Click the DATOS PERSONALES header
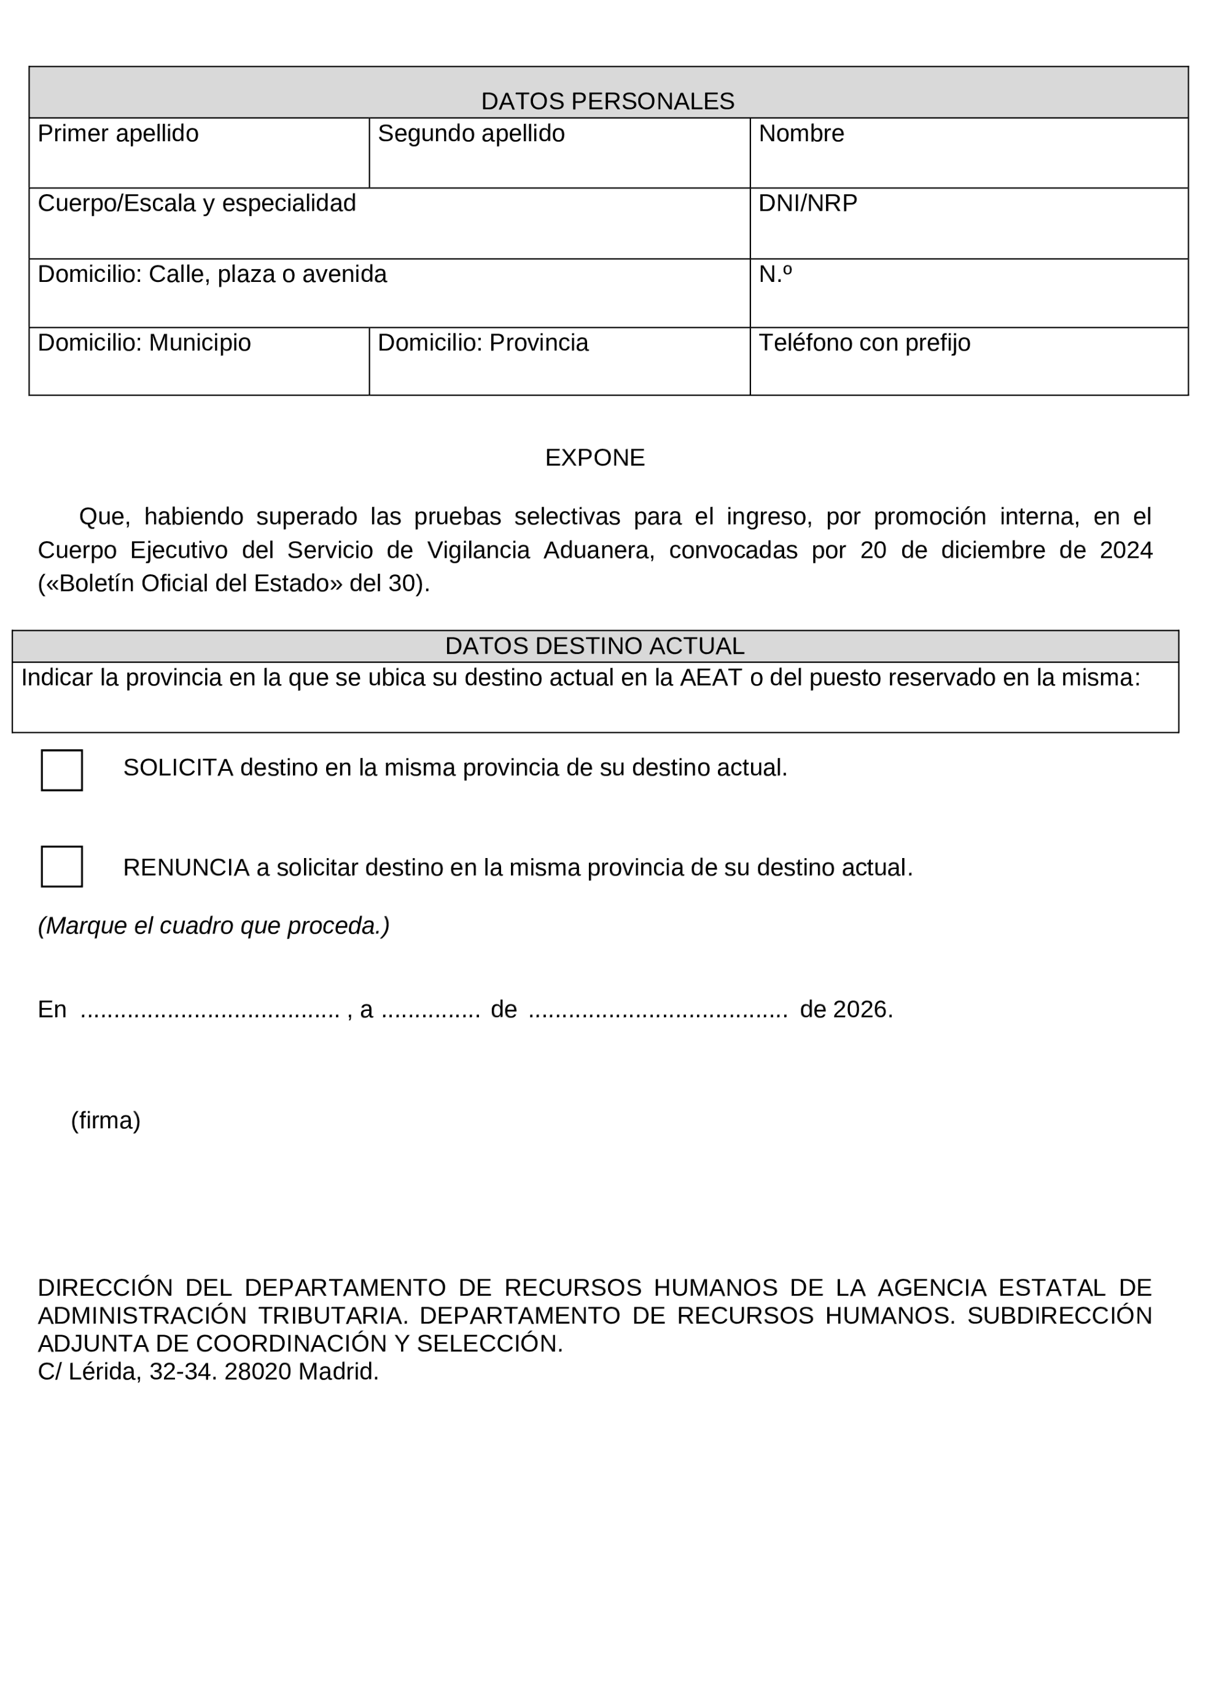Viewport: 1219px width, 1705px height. (x=607, y=101)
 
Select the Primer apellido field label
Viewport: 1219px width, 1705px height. (x=118, y=134)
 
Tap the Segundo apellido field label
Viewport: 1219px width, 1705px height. (x=470, y=134)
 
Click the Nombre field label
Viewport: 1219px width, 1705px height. (x=801, y=134)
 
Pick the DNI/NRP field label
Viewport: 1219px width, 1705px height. (x=808, y=203)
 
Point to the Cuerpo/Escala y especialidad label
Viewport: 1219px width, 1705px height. (x=197, y=203)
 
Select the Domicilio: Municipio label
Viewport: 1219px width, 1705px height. (x=144, y=343)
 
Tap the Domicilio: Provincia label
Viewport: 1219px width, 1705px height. (x=483, y=343)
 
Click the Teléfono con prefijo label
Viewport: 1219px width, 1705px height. (x=864, y=343)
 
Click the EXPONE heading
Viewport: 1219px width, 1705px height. (x=594, y=458)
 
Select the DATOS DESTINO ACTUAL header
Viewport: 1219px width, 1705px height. (x=594, y=646)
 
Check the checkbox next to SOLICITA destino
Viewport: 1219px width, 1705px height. (x=61, y=770)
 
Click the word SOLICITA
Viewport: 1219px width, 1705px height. (x=178, y=768)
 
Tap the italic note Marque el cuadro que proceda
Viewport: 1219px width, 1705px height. (x=214, y=926)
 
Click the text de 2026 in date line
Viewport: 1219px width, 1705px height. (x=846, y=1010)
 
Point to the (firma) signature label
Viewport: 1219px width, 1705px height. (x=106, y=1121)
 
